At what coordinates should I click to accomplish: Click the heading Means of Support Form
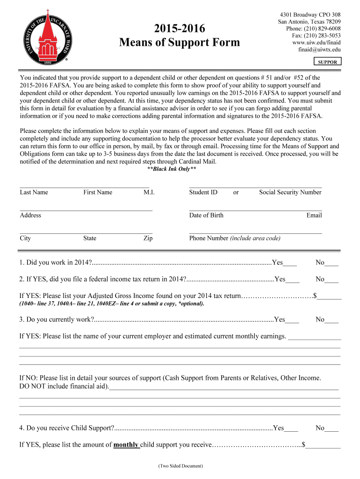(x=179, y=43)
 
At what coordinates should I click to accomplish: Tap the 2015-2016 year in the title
(x=179, y=29)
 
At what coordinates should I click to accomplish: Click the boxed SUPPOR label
(x=327, y=62)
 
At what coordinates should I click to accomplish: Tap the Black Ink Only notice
(x=172, y=169)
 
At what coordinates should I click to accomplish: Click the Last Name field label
(x=34, y=192)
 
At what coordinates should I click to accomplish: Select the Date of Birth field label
(x=206, y=215)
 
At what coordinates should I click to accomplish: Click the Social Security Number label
(x=290, y=192)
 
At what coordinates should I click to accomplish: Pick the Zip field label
(x=148, y=238)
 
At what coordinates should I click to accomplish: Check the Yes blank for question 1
(x=290, y=263)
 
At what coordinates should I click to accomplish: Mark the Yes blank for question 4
(x=291, y=428)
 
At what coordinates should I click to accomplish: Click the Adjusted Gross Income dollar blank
(x=329, y=297)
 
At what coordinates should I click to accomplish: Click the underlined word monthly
(x=126, y=445)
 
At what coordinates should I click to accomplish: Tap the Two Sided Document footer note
(x=180, y=466)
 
